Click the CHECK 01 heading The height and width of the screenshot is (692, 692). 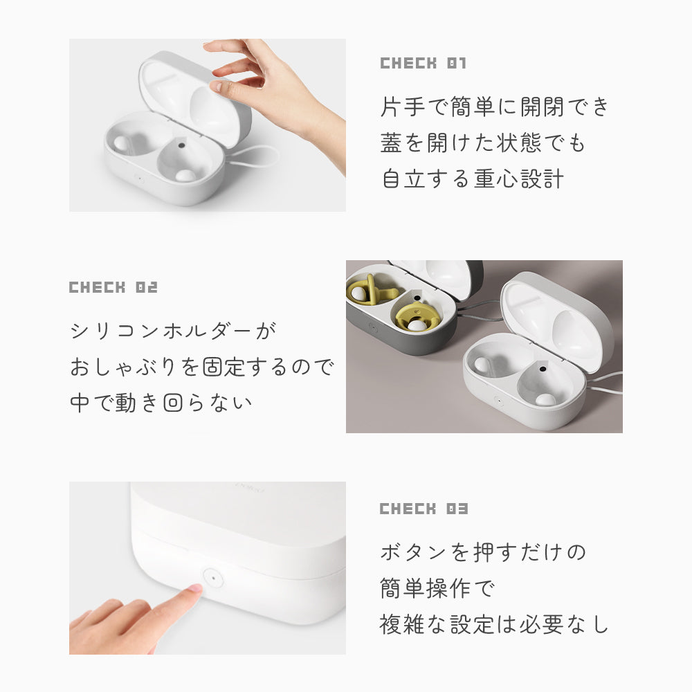[424, 64]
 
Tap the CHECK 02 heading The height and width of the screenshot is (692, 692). [113, 287]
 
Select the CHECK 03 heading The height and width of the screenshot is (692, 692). [424, 509]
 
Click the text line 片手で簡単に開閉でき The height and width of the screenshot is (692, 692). [495, 107]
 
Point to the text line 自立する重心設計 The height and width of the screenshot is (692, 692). [473, 179]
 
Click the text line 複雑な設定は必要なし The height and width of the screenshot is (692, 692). [494, 624]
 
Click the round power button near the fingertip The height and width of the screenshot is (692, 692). [212, 576]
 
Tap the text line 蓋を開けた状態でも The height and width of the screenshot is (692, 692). [483, 143]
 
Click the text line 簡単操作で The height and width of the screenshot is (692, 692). [437, 588]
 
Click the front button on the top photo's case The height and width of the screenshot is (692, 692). [138, 176]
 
